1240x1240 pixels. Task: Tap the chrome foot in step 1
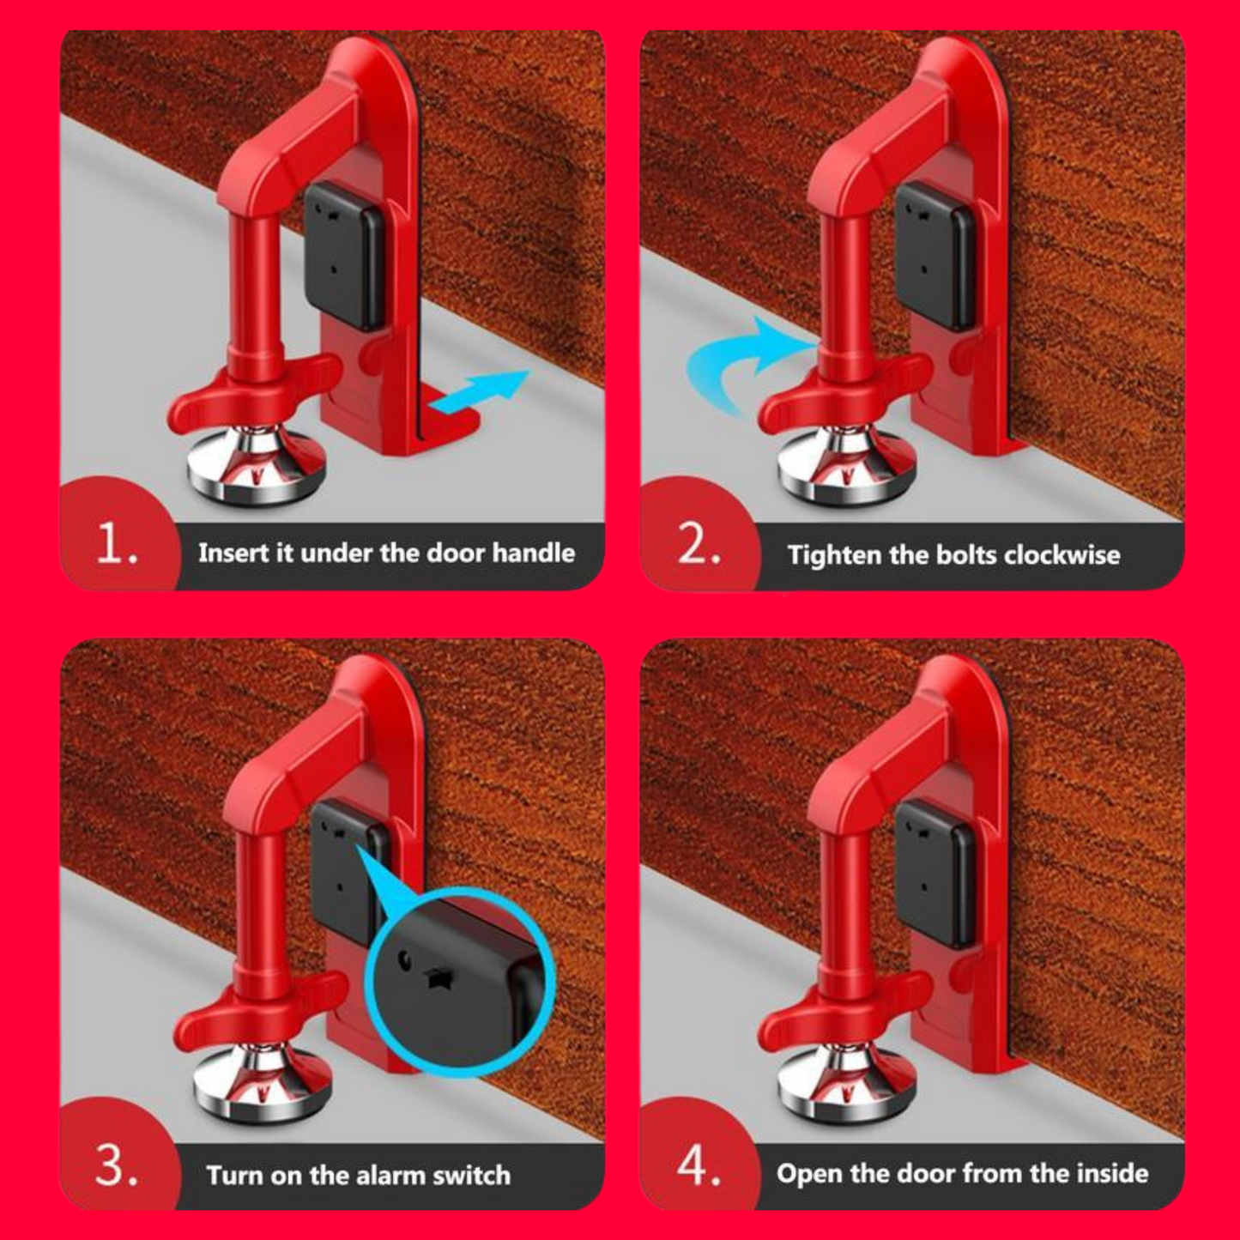[x=256, y=464]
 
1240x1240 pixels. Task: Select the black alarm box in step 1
[x=345, y=255]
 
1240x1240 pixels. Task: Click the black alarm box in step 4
[x=935, y=874]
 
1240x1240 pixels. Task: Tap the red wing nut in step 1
[x=254, y=391]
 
